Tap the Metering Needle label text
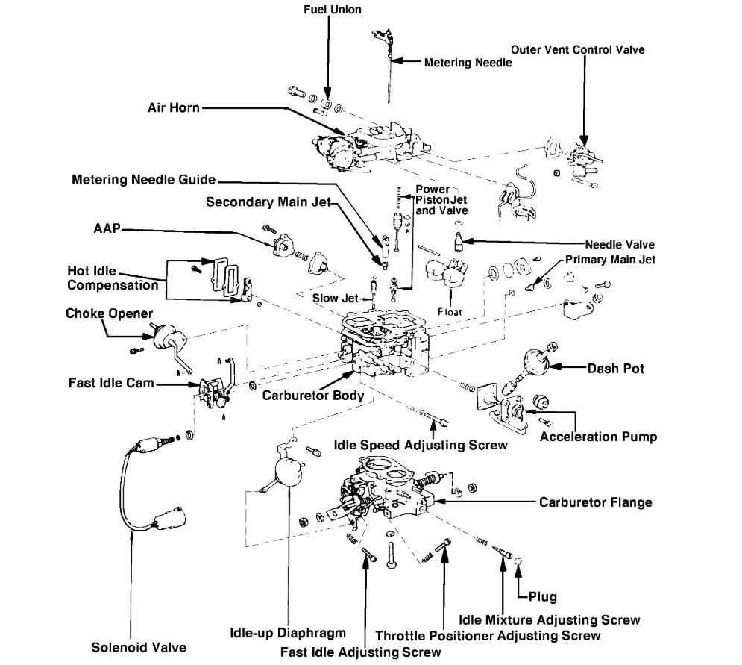click(468, 63)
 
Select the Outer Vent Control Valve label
click(578, 49)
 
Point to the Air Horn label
click(173, 107)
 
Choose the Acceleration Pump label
click(598, 437)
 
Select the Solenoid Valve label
click(139, 646)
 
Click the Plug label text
click(542, 597)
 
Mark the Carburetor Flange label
click(596, 502)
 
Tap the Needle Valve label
click(620, 244)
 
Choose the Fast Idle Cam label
click(110, 383)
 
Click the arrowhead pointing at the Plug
click(520, 574)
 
